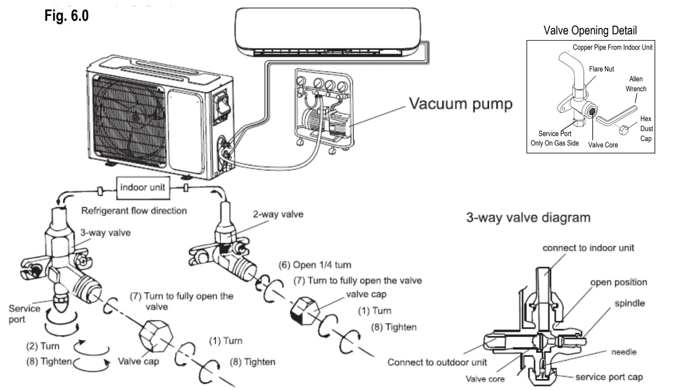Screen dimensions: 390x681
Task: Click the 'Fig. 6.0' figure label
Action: point(66,16)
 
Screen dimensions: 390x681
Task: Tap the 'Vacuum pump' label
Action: point(460,103)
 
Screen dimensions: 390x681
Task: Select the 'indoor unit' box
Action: point(142,188)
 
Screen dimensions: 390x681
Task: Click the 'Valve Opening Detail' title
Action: point(590,30)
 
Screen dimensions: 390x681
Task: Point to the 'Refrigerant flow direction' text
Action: point(134,211)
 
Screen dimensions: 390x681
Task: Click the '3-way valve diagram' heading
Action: point(528,217)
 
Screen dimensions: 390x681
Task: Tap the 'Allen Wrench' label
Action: point(636,84)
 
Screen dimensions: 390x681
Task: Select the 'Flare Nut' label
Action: point(601,69)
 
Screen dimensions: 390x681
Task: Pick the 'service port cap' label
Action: point(609,377)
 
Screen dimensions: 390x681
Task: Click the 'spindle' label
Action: point(629,303)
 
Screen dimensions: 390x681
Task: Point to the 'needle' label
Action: point(624,352)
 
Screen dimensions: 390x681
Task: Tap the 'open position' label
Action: point(618,282)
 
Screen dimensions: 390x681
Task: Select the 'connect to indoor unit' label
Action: point(588,248)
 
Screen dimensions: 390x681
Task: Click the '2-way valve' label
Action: point(278,214)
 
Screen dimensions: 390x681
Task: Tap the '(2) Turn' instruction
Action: point(43,346)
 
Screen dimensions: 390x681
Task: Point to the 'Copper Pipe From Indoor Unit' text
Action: point(612,47)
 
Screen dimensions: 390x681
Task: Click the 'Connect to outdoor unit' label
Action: point(437,362)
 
